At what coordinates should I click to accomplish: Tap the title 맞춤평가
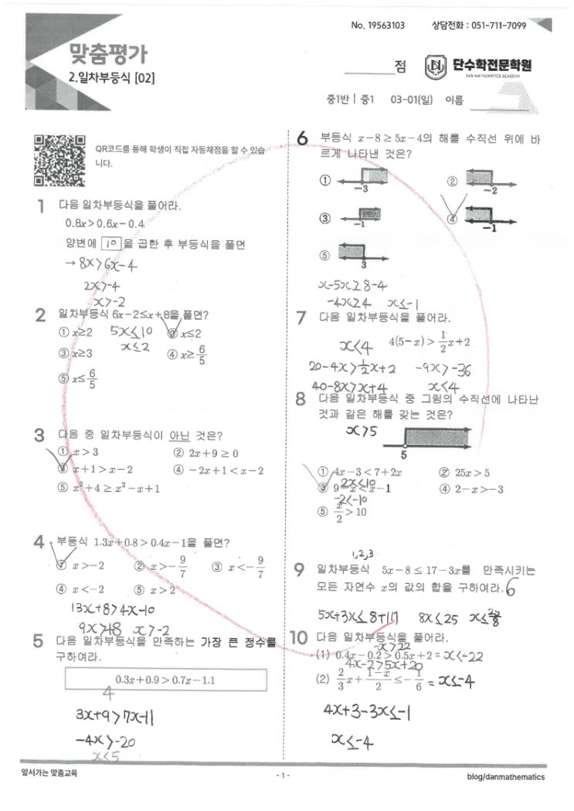coord(108,53)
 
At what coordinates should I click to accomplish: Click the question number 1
coord(39,206)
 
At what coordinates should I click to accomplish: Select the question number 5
coord(39,641)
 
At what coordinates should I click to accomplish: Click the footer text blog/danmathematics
coord(506,776)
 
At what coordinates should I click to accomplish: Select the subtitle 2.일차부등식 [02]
coord(110,76)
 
